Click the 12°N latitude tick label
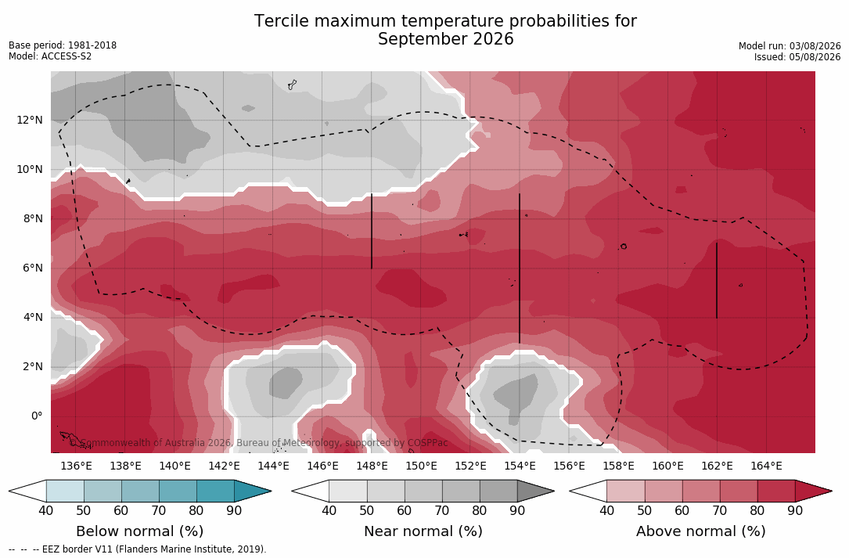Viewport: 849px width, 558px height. coord(29,120)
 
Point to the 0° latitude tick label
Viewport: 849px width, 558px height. coord(36,416)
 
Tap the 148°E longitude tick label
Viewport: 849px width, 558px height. coord(372,466)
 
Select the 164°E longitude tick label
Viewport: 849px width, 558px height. coord(766,466)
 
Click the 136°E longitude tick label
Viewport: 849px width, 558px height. coord(77,466)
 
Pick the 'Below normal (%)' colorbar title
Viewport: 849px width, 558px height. coord(140,531)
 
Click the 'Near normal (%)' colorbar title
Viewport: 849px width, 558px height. coord(423,531)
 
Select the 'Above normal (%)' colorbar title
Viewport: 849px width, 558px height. coord(700,531)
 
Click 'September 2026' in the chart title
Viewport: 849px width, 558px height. coord(445,39)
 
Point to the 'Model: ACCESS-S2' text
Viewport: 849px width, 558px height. coord(50,56)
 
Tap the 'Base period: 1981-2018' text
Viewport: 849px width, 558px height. coord(63,45)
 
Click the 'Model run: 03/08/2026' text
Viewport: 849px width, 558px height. coord(790,46)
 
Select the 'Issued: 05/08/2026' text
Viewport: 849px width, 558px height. coord(797,57)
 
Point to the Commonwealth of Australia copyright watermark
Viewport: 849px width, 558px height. coord(259,443)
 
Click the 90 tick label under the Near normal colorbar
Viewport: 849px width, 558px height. coord(517,510)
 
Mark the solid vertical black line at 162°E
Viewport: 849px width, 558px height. coord(717,281)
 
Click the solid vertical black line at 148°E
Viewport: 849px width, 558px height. coord(372,232)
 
